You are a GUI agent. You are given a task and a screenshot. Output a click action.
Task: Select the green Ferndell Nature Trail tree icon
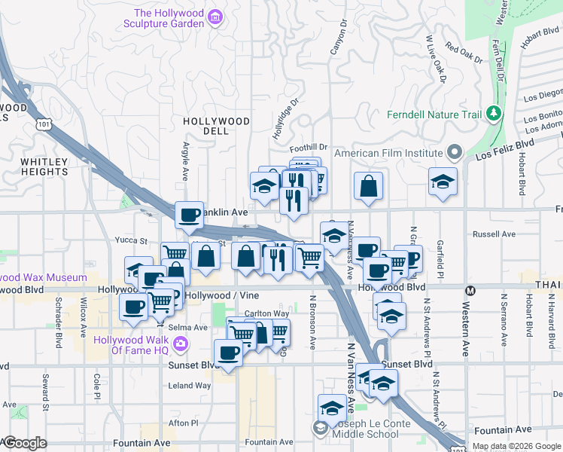click(x=494, y=113)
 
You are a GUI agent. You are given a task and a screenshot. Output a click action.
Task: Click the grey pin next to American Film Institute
click(x=454, y=153)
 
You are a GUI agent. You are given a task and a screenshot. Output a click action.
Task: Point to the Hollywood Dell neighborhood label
click(x=216, y=126)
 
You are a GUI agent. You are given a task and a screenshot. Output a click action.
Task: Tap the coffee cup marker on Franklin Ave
click(x=189, y=215)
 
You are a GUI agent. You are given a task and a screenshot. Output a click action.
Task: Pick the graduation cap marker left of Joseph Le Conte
click(x=331, y=408)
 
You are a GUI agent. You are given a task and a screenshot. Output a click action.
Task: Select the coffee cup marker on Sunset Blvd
click(x=228, y=353)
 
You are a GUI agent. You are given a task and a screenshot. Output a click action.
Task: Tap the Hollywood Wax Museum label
click(x=44, y=278)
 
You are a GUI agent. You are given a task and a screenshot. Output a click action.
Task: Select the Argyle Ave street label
click(x=185, y=163)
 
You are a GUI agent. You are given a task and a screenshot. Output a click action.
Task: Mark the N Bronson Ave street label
click(x=313, y=321)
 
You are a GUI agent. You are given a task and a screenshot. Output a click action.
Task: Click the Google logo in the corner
click(x=24, y=443)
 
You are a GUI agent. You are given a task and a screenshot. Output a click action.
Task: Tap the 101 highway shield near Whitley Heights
click(x=46, y=124)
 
